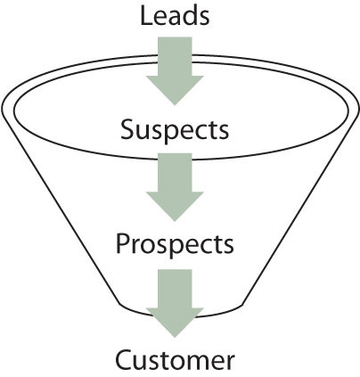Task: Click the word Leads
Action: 175,16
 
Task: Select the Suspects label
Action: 175,130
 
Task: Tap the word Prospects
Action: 175,244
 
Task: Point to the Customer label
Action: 175,359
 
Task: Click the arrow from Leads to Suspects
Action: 175,70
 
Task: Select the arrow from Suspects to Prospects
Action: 175,187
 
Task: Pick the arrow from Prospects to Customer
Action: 175,303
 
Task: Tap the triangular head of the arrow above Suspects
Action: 175,89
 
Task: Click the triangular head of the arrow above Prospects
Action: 175,205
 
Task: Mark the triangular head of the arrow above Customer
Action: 175,322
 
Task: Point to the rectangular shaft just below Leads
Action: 175,56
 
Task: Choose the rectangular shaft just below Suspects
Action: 175,172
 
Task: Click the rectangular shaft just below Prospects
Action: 175,289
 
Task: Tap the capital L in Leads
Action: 145,16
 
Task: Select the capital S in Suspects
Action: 127,129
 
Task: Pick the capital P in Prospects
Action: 122,243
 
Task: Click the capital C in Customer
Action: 123,360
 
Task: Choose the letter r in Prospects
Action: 135,247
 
